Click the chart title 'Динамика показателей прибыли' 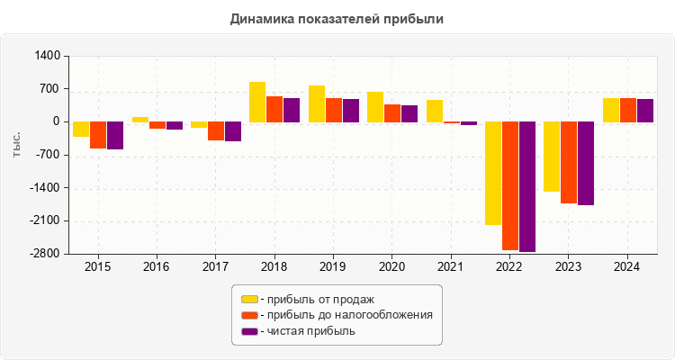pos(337,18)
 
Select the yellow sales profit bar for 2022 pos(493,173)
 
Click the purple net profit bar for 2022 pos(527,186)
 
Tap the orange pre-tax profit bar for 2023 pos(569,162)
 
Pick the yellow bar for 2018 pos(257,102)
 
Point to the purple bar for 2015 pos(115,135)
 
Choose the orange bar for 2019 pos(334,110)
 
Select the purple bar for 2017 pos(233,131)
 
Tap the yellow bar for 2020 pos(375,106)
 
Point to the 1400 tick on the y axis pos(48,56)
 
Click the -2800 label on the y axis pos(45,254)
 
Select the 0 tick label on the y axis pos(56,121)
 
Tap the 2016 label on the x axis pos(157,267)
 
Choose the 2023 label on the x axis pos(568,267)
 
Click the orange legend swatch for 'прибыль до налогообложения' pos(248,315)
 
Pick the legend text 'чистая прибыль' pos(307,331)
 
